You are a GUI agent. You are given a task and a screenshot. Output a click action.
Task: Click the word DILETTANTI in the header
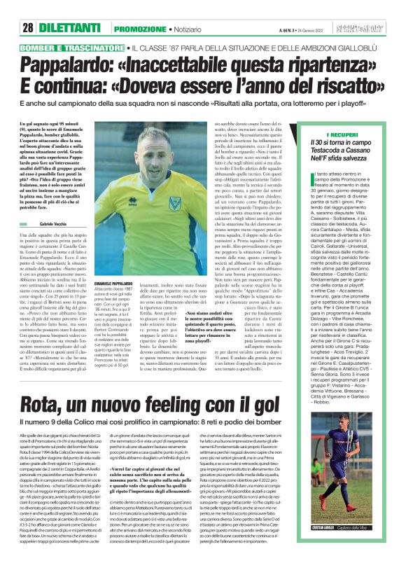click(69, 10)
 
